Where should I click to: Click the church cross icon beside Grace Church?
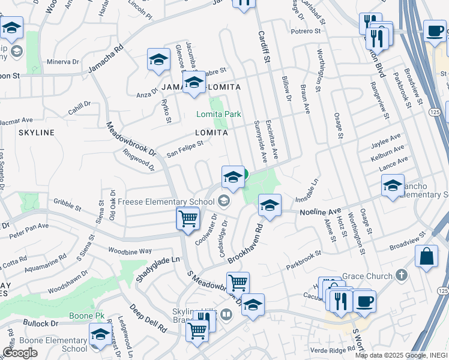pyautogui.click(x=401, y=276)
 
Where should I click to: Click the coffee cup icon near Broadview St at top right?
pyautogui.click(x=434, y=31)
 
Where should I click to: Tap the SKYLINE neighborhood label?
pyautogui.click(x=36, y=132)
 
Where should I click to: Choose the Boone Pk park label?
pyautogui.click(x=90, y=316)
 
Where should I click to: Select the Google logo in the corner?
pyautogui.click(x=20, y=353)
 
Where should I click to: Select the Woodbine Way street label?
pyautogui.click(x=129, y=249)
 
